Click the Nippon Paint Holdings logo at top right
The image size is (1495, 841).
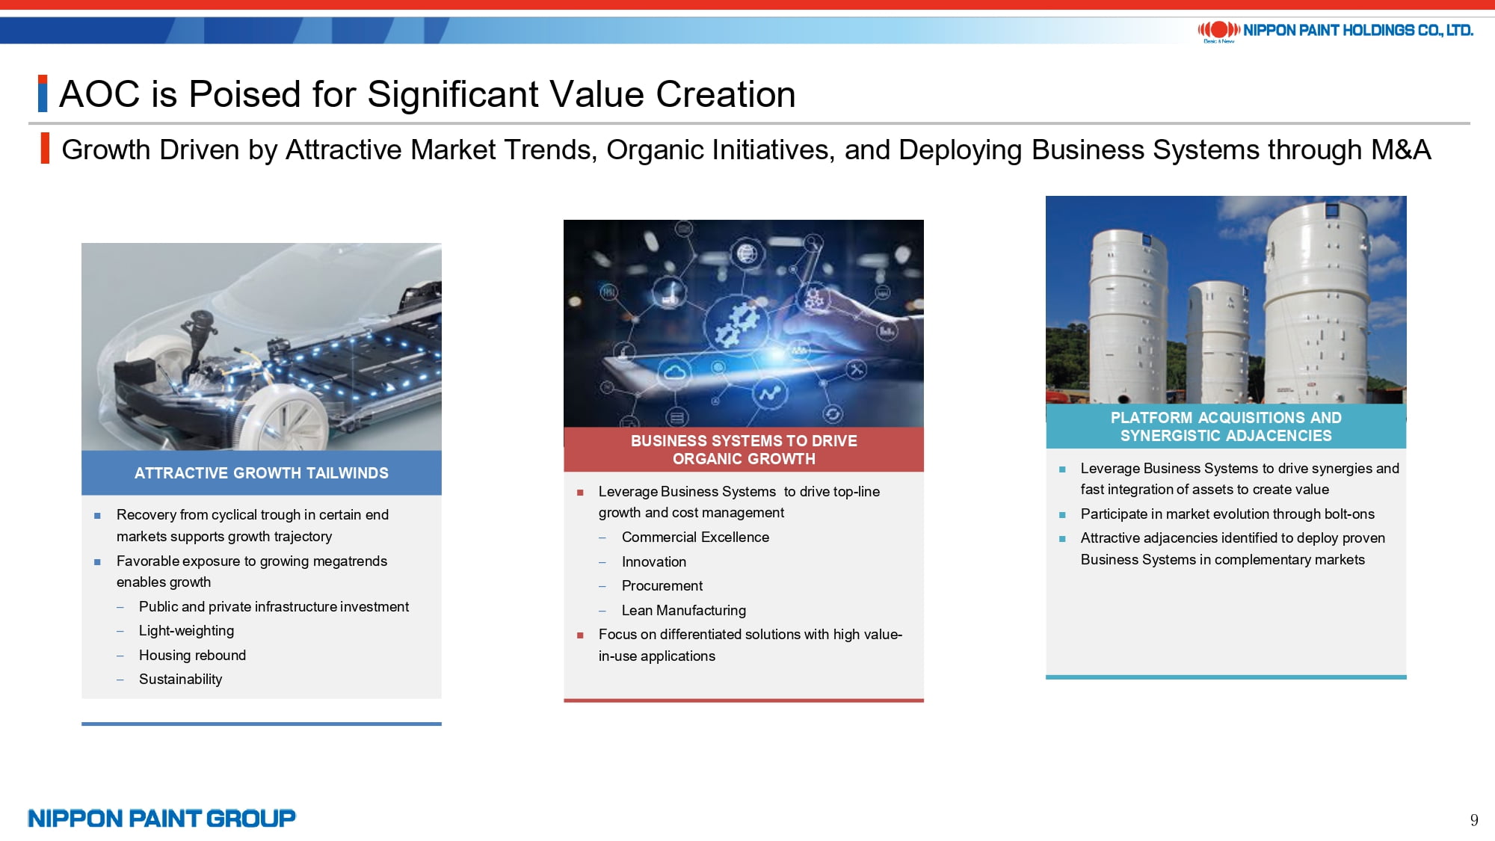1335,31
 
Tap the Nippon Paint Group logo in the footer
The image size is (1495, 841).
161,819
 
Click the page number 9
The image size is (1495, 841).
1474,820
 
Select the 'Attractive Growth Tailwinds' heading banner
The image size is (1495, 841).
262,472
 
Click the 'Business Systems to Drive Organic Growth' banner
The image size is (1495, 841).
744,449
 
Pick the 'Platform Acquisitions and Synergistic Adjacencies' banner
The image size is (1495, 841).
1226,426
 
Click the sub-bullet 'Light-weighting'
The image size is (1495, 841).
186,631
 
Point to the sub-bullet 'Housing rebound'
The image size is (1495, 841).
192,656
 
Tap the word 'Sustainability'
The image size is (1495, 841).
180,680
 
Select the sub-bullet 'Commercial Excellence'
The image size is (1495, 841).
695,537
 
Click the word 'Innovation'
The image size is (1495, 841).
654,562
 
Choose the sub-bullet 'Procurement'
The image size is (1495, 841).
662,586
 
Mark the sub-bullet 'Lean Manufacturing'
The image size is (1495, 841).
684,611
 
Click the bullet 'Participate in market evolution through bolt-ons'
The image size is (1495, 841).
1227,514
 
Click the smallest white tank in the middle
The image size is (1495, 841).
1218,340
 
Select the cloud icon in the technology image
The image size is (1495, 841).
675,372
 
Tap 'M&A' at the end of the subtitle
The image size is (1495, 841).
1401,150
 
